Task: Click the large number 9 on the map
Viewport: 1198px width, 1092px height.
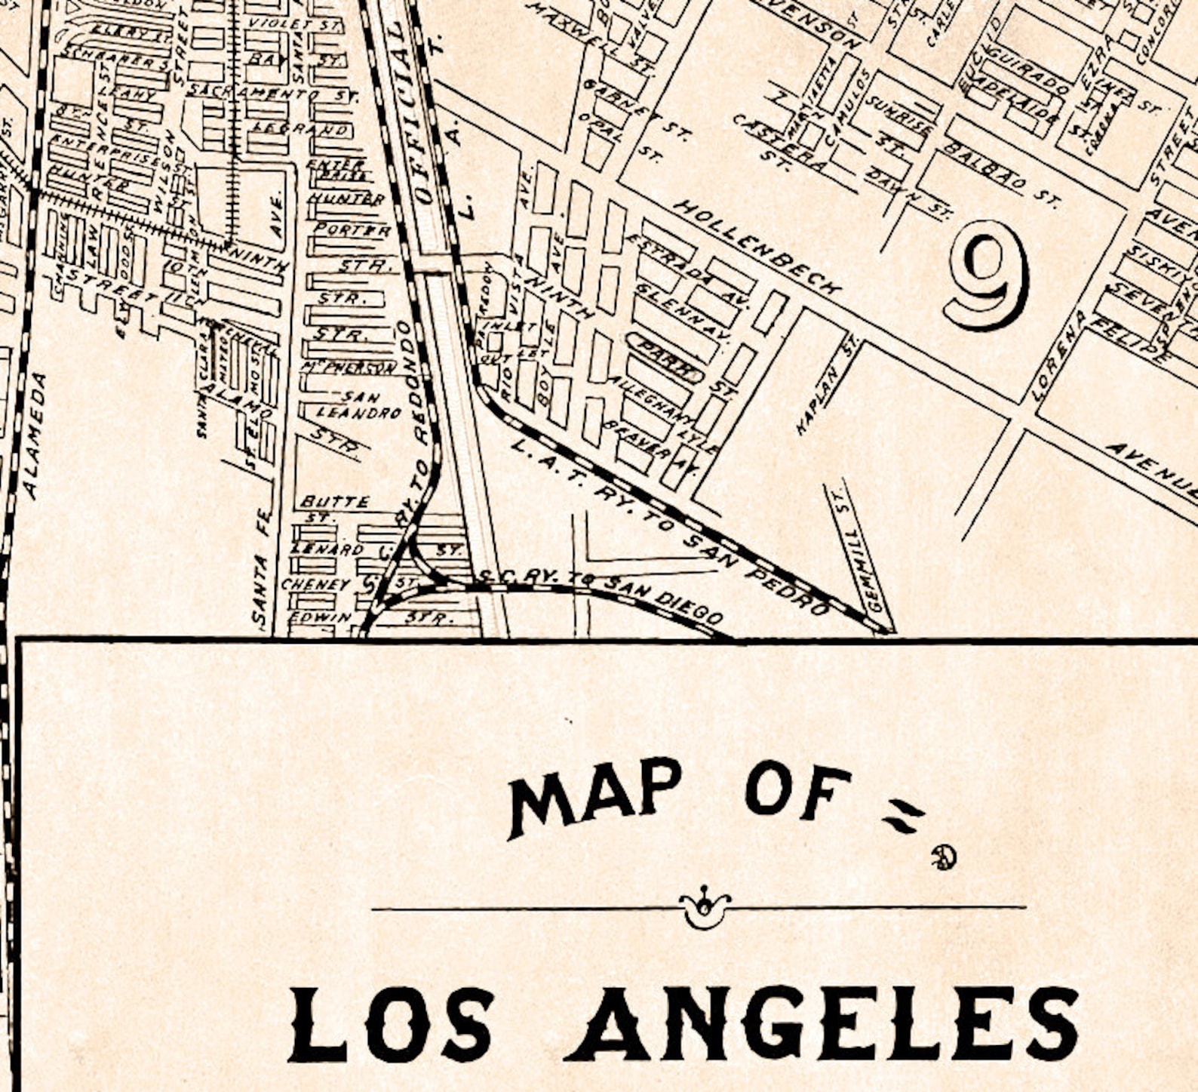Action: tap(987, 275)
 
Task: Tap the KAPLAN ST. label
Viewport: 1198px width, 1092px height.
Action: tap(828, 386)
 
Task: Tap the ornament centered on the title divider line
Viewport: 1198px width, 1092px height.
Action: tap(704, 908)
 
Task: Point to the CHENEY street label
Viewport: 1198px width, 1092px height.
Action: tap(315, 584)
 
